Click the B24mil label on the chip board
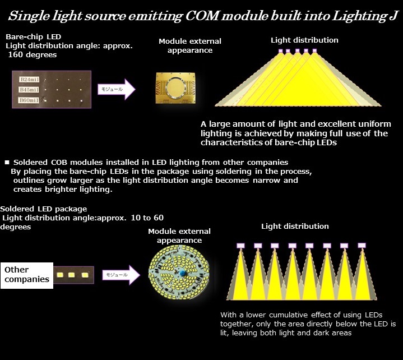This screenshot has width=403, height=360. coord(29,80)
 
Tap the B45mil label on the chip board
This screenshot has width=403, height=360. coord(29,90)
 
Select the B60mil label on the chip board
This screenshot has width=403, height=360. coord(29,100)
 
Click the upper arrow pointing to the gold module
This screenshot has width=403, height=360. coord(117,89)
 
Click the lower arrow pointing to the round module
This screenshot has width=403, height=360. coord(121,275)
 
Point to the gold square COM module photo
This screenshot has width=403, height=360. coord(175,88)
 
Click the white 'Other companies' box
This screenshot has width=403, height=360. coord(27,275)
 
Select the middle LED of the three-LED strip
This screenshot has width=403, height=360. coord(71,275)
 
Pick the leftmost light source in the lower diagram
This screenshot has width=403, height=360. coord(241,246)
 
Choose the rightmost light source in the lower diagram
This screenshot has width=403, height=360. coord(362,245)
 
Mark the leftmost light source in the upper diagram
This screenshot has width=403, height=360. coord(280,51)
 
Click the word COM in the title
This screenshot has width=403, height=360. coord(202,16)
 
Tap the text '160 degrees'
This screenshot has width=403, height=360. coord(33,55)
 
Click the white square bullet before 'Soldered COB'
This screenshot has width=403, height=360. coord(7,162)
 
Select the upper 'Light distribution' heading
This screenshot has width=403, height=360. coord(304,40)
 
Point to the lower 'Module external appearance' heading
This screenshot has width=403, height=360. coord(179,236)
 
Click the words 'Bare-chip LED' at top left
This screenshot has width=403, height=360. coord(34,37)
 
